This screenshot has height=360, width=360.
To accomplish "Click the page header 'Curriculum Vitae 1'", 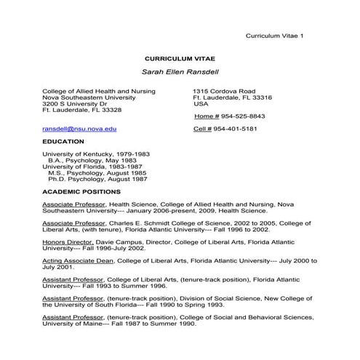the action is pos(275,36).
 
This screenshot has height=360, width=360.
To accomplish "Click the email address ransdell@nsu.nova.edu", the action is pos(79,129).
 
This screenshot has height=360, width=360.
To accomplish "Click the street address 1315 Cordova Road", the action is pos(224,91).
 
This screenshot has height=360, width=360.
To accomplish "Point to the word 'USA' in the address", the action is pos(201,103).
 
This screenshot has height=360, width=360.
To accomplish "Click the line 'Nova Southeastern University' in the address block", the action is pos(89,97).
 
